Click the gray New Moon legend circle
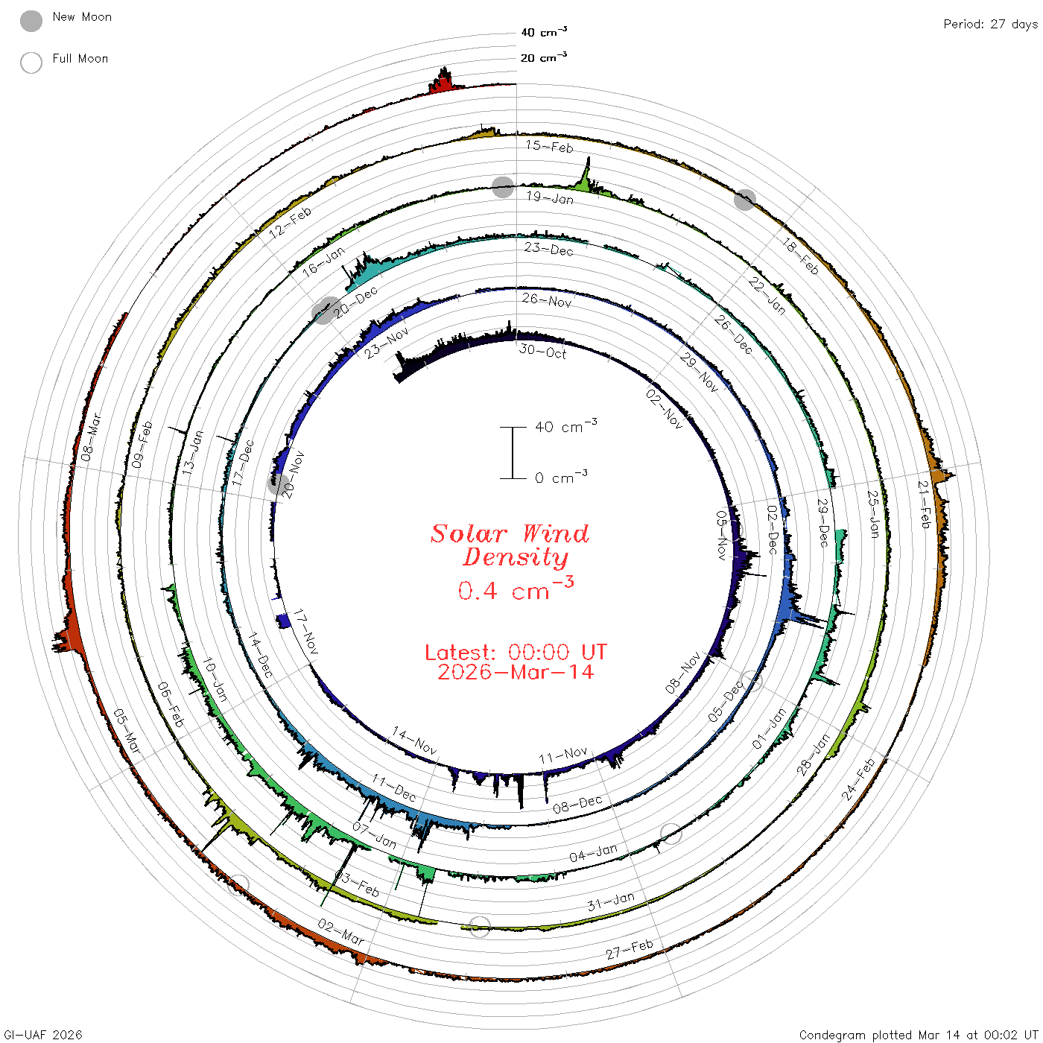pos(31,21)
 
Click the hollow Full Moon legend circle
pos(31,63)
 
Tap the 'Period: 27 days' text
pos(991,25)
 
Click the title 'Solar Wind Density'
pos(510,545)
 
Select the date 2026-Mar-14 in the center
pos(516,672)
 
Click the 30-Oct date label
pos(542,352)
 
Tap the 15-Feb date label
pos(549,146)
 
